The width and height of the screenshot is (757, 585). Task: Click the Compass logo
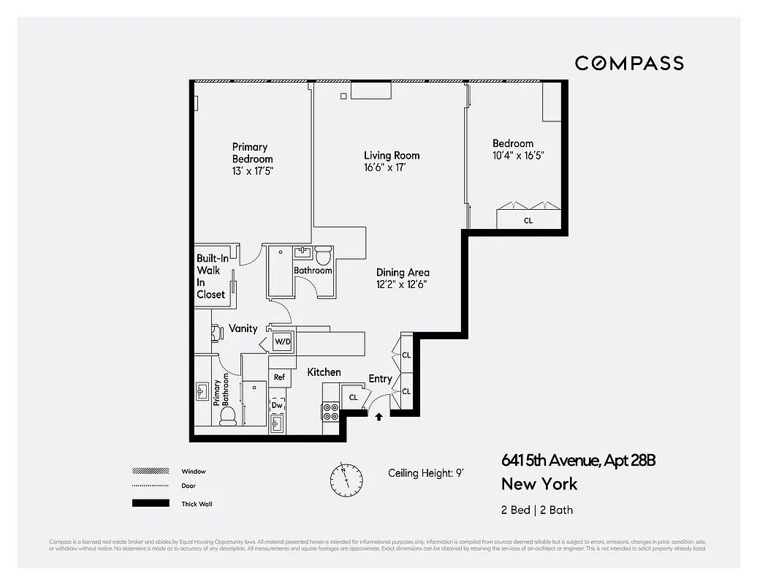[628, 63]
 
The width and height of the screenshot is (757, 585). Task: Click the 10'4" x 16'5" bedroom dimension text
[519, 156]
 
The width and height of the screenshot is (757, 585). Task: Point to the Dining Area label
[403, 273]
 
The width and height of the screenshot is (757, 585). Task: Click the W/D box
[282, 341]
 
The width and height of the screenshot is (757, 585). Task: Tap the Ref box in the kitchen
[279, 377]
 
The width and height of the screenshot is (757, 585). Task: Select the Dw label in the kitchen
[277, 404]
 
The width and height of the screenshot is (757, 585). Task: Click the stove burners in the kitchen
[330, 412]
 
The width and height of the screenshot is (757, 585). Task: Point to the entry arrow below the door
[378, 418]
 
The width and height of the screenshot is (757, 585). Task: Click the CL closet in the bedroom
[528, 219]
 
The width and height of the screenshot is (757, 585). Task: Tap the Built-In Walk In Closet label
[210, 276]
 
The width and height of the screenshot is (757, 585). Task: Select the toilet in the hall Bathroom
[323, 257]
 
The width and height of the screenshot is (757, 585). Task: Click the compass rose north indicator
[346, 479]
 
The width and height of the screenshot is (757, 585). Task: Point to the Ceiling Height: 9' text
[426, 473]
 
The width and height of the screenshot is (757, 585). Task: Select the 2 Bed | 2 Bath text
[537, 510]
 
